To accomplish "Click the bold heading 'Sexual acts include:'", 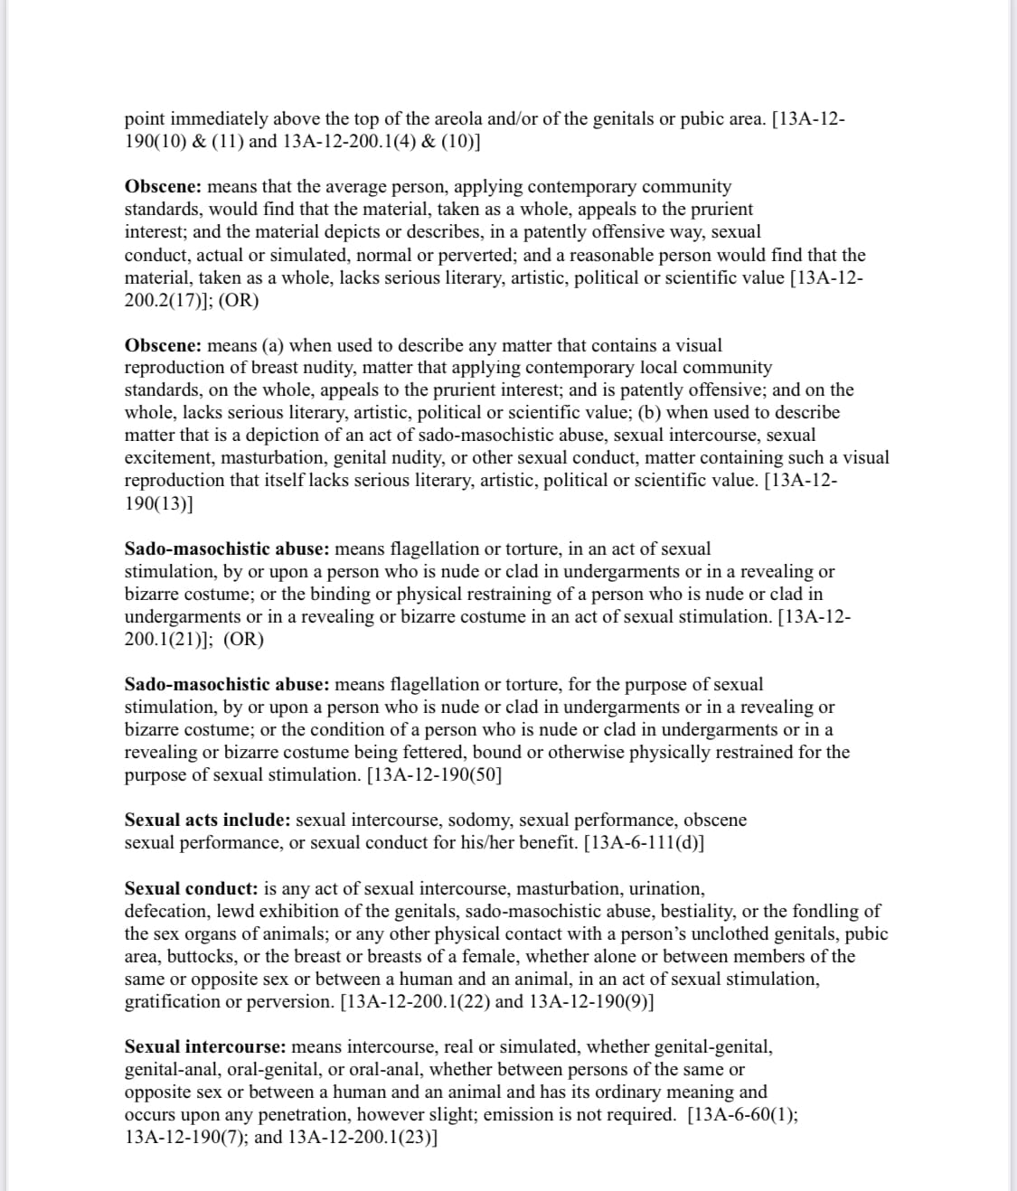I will (x=207, y=821).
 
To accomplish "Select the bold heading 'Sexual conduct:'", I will (x=191, y=889).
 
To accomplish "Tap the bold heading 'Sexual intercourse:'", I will (x=205, y=1047).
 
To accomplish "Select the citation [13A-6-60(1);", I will (x=742, y=1115).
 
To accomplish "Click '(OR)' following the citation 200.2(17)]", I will (x=239, y=301).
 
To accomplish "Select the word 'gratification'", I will (x=173, y=1002).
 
